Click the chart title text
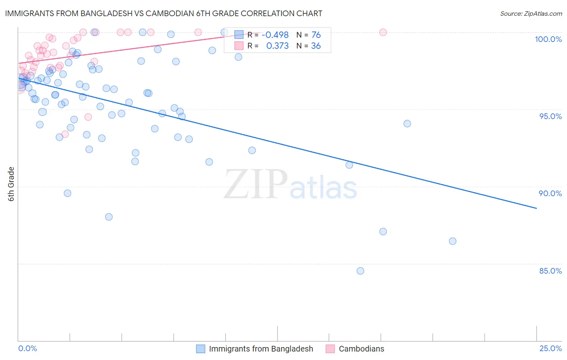[163, 13]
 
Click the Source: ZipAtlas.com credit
[531, 13]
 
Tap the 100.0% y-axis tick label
[548, 39]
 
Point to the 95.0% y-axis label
[550, 116]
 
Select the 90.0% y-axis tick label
[550, 193]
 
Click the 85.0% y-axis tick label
[550, 271]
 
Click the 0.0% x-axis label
[27, 348]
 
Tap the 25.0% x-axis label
[550, 348]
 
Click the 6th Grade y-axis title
[11, 184]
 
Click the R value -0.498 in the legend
[275, 35]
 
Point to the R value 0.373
[277, 46]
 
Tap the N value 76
[316, 35]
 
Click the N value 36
[316, 46]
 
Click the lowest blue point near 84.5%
[361, 271]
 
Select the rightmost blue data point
[452, 241]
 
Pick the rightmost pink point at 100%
[383, 32]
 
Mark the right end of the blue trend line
[536, 208]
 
